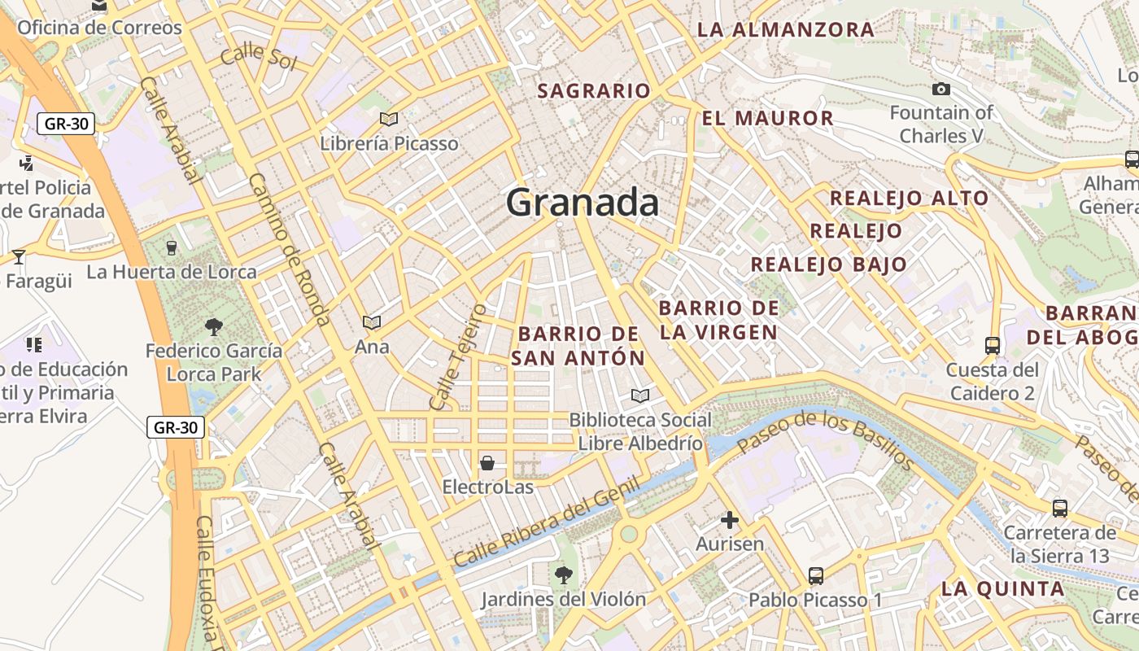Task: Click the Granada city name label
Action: (582, 203)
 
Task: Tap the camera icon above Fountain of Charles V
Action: (941, 89)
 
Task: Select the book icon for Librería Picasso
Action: (389, 120)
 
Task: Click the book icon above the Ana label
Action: (372, 323)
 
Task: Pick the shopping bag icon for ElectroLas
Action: (487, 463)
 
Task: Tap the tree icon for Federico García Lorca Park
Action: (214, 327)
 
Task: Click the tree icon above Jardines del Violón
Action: (562, 576)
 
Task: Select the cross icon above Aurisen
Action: (730, 519)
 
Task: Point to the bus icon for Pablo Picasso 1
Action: (816, 576)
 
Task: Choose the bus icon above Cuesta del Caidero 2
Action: (993, 346)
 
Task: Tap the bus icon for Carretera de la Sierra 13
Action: (1060, 509)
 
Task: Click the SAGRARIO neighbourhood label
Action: (594, 91)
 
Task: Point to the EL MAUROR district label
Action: (767, 119)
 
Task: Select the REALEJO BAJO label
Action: (828, 264)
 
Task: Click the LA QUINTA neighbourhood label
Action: (1003, 589)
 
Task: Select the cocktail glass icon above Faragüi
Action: (19, 257)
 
